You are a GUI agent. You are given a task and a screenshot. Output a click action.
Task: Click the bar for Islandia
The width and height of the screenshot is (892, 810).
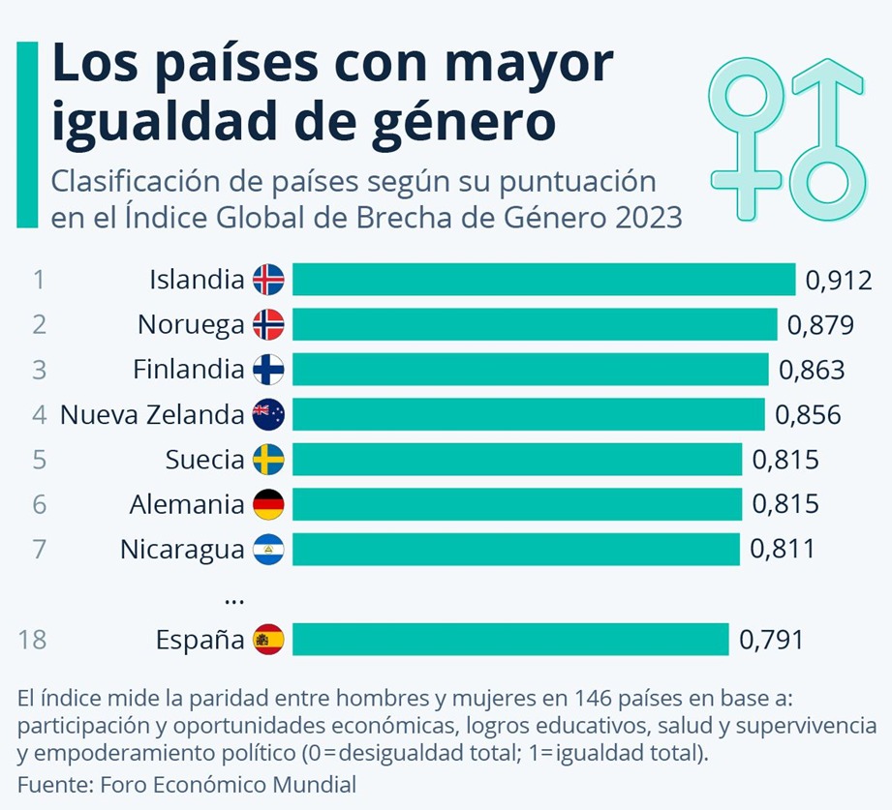click(544, 279)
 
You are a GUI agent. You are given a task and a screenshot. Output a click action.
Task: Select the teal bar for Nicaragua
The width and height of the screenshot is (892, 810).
click(516, 549)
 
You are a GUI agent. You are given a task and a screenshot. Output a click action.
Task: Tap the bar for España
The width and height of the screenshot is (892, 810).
click(510, 639)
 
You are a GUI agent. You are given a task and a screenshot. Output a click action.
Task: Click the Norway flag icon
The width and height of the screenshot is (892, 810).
click(268, 324)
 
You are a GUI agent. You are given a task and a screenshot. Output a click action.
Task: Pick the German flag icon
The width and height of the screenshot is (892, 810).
click(268, 504)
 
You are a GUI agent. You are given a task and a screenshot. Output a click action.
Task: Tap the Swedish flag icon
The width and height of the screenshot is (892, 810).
click(268, 460)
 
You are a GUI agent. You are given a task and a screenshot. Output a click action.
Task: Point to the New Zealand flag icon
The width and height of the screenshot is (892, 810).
click(268, 414)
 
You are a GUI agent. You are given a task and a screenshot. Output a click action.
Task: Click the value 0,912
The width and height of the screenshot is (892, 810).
click(839, 281)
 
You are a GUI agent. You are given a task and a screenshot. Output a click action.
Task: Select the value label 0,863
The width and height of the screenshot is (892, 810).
click(812, 370)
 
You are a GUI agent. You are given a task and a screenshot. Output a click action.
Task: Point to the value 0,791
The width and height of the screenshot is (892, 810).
click(771, 640)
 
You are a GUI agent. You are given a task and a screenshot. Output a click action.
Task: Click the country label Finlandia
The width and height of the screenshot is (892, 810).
click(188, 369)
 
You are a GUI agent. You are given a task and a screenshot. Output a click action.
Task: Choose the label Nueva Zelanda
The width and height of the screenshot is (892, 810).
click(152, 414)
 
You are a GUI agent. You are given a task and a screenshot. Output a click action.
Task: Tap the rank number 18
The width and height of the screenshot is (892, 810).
click(32, 640)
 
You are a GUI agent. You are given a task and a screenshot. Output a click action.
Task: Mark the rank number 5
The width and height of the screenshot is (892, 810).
click(39, 460)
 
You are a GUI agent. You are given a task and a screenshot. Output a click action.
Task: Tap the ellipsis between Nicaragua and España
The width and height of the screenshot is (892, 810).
click(234, 601)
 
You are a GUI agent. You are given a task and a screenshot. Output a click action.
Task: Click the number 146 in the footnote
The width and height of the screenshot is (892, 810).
click(594, 698)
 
